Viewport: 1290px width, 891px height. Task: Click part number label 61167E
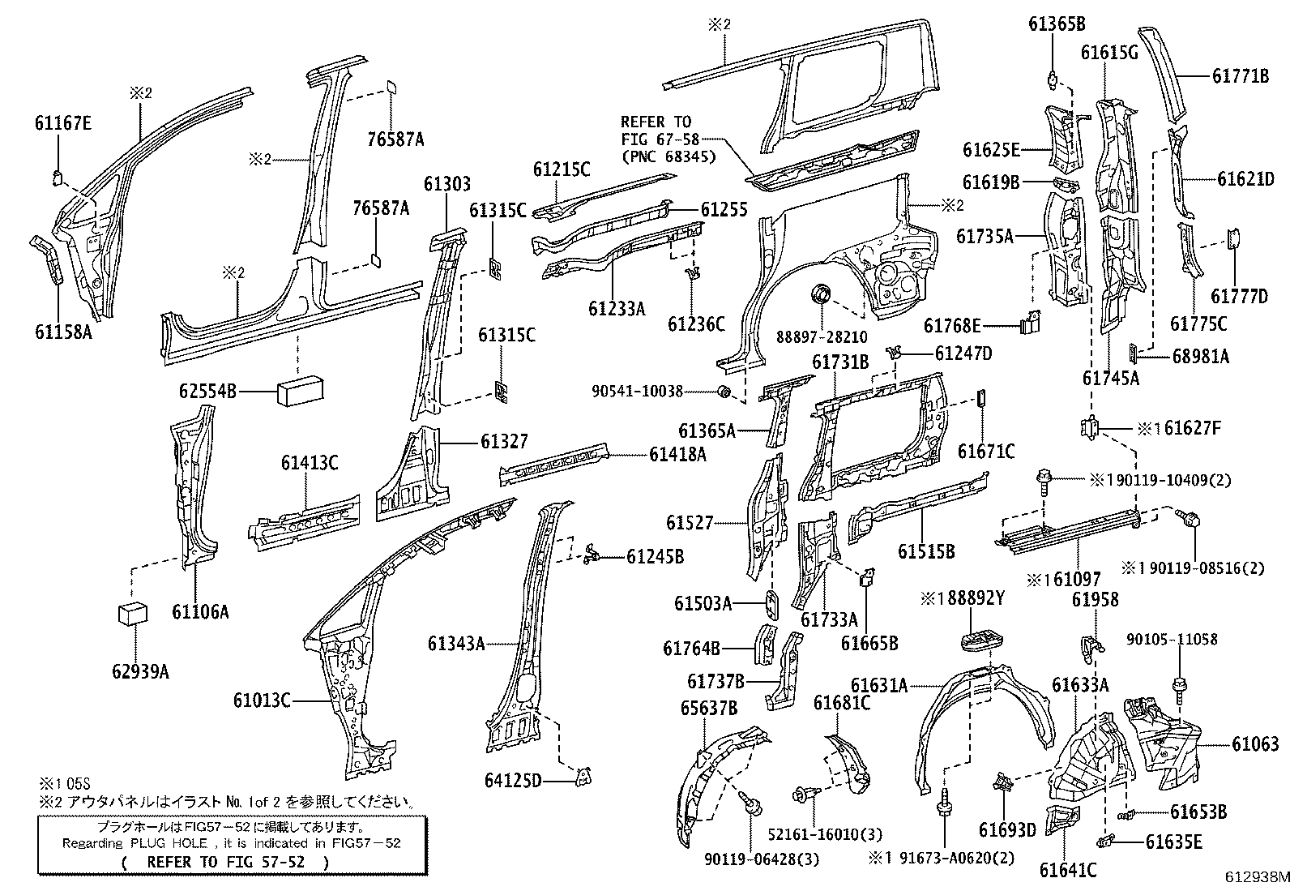point(62,123)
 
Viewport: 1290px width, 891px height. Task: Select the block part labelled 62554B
point(302,392)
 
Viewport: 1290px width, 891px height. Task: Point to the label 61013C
point(262,700)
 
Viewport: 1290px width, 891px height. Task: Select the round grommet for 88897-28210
point(821,292)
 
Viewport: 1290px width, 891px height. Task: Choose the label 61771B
point(1240,76)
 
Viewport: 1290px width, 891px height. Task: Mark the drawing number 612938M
point(1255,877)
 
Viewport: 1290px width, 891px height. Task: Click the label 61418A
point(677,455)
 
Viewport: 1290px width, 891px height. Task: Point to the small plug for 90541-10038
point(726,392)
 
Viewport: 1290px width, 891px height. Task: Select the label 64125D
point(513,781)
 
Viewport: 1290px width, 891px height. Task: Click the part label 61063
point(1255,743)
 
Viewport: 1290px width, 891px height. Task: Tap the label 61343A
point(456,644)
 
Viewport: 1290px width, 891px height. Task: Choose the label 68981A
point(1201,355)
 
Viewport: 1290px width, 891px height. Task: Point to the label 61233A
point(617,308)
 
